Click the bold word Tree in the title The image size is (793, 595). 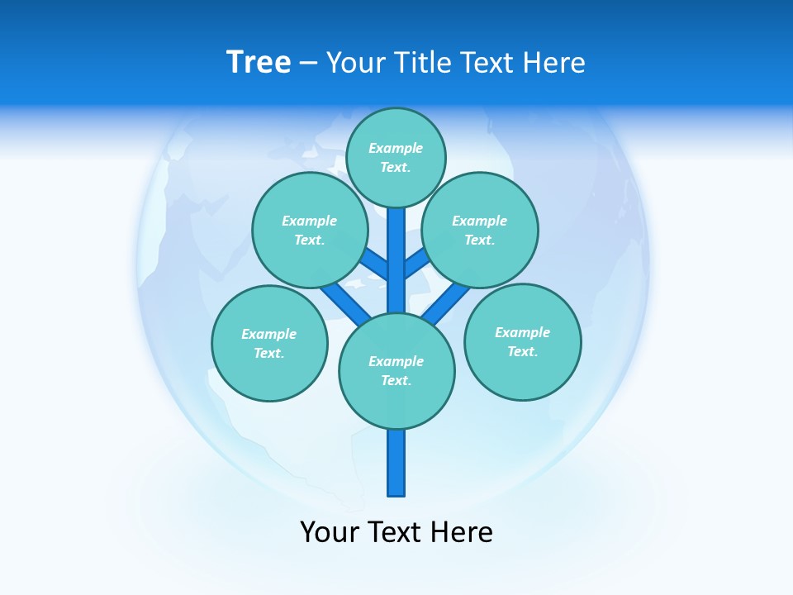point(259,62)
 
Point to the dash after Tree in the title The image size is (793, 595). point(308,64)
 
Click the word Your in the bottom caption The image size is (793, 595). point(330,531)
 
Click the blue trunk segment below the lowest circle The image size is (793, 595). point(396,463)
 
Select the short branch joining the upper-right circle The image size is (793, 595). point(416,264)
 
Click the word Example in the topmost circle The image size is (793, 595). point(396,148)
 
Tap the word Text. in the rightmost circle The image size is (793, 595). point(522,351)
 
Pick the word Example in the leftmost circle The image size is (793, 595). point(268,334)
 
